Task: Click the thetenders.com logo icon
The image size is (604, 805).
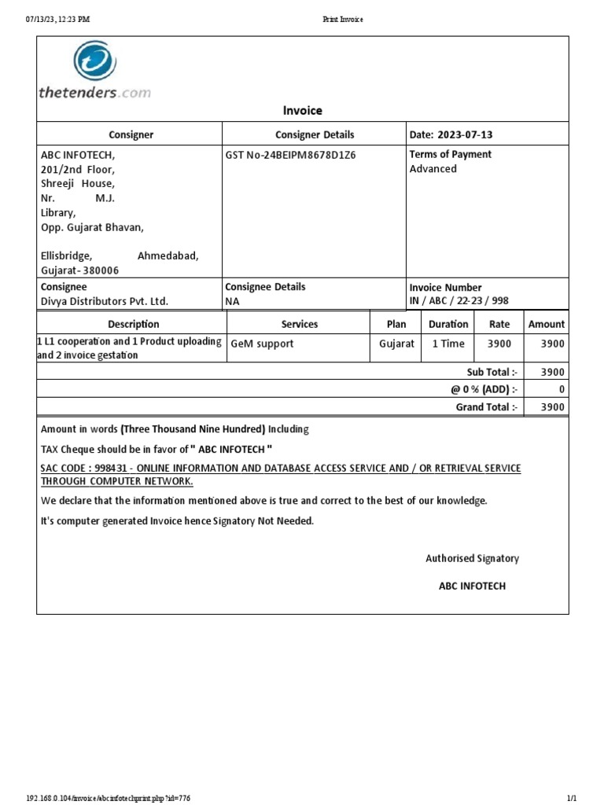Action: (95, 63)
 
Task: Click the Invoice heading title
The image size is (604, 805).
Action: (302, 111)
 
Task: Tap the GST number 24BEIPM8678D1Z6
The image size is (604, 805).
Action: (290, 155)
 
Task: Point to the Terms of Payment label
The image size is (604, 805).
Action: (450, 155)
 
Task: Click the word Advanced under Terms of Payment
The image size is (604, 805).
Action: (433, 169)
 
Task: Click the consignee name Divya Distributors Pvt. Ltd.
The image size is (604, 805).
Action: (105, 302)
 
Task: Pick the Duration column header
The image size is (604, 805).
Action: (448, 324)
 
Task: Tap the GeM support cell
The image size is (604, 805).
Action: (262, 344)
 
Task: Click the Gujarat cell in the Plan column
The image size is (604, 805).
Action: (396, 344)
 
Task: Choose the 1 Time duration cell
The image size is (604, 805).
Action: (448, 344)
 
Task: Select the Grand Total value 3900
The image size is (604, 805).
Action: (553, 407)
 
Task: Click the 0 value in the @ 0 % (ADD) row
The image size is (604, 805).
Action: (561, 389)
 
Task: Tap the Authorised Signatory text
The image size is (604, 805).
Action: (472, 558)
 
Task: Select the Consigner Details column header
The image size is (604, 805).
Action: (315, 135)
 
